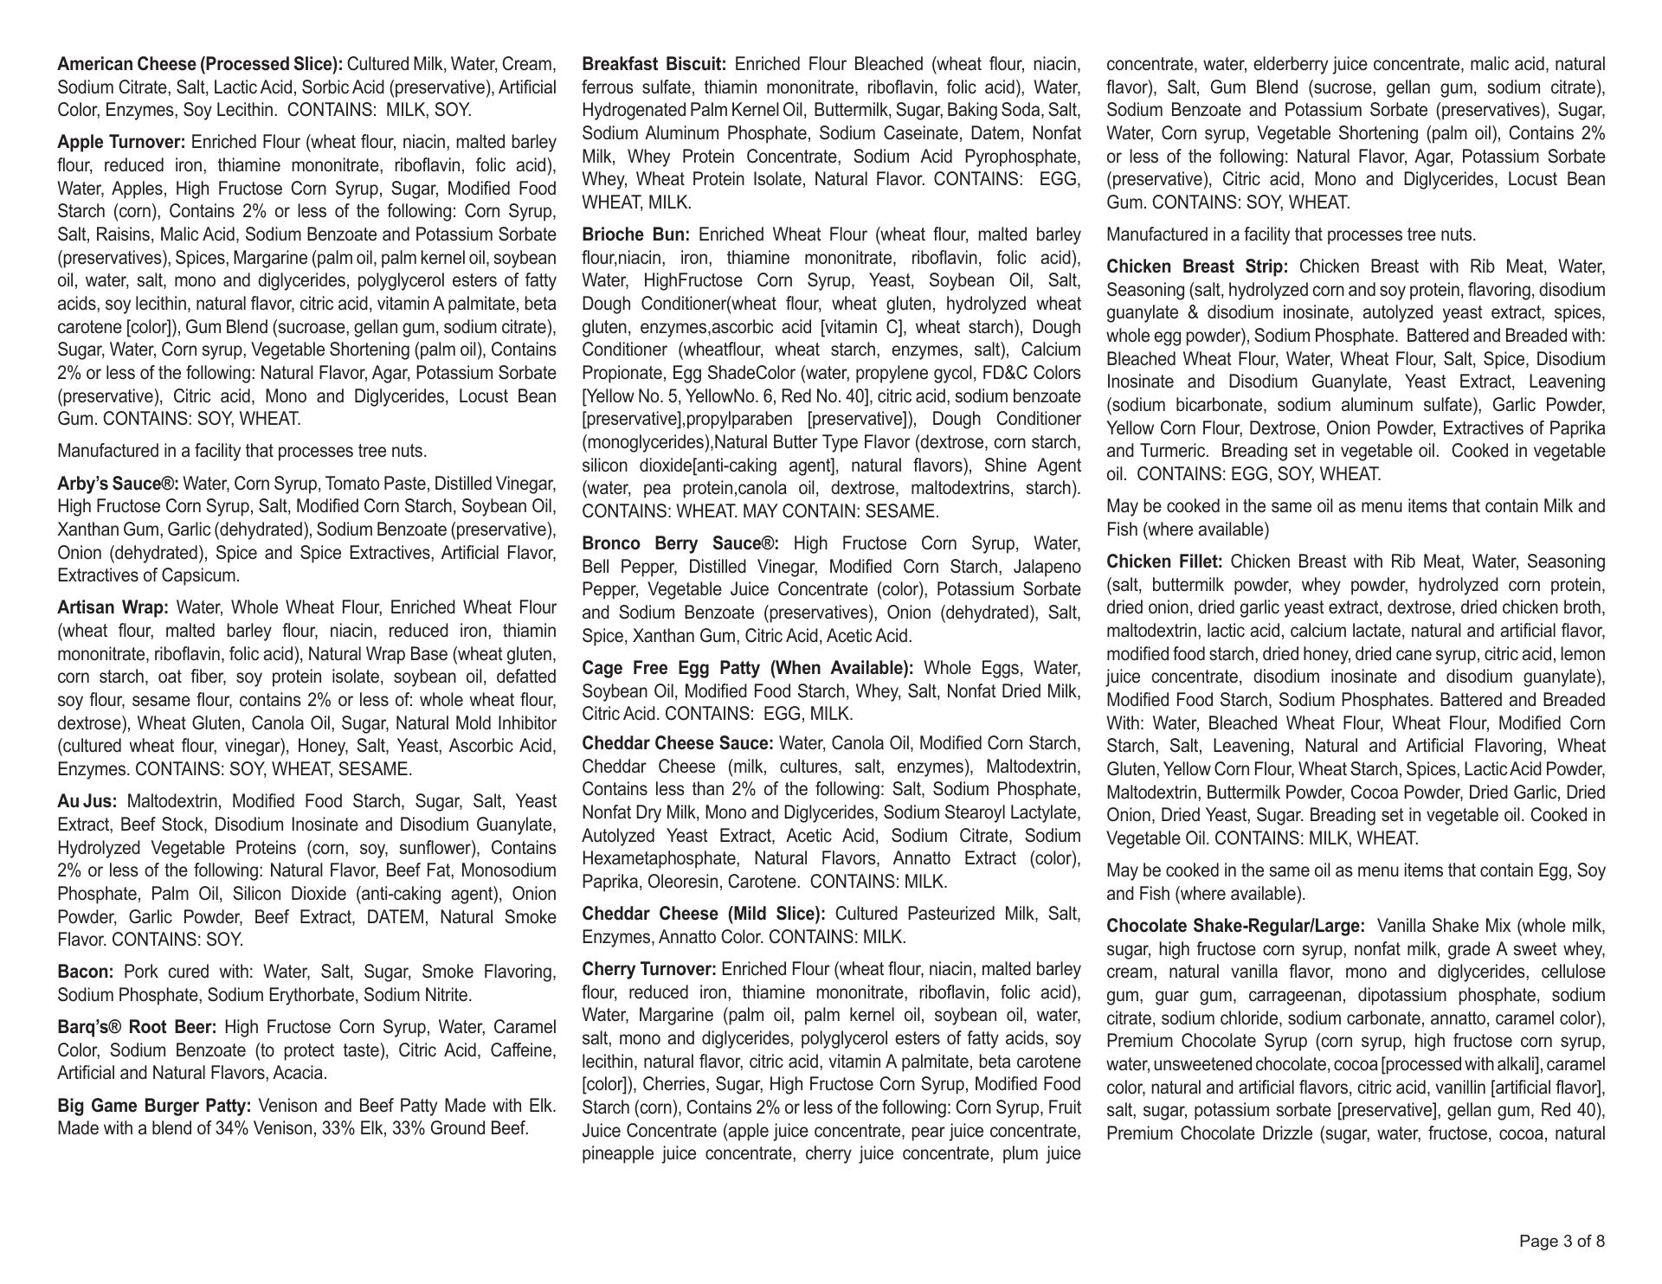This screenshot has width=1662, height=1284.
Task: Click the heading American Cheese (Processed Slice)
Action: point(200,65)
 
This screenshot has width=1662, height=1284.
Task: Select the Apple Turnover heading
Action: point(121,143)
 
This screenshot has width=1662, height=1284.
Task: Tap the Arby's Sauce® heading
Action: point(119,484)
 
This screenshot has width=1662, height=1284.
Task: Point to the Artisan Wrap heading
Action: point(113,608)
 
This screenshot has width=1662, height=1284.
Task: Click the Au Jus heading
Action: point(87,802)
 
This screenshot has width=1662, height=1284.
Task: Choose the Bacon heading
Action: point(86,973)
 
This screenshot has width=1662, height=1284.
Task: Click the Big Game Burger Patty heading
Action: point(154,1106)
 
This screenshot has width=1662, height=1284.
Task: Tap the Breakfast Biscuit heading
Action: point(654,65)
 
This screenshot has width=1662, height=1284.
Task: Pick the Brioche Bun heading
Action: point(635,235)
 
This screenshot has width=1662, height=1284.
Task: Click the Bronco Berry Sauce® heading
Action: point(680,544)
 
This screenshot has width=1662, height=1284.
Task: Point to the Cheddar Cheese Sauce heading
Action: point(678,744)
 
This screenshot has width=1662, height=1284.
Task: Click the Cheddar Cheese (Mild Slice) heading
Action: point(703,915)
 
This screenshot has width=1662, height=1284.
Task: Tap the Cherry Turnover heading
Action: point(649,969)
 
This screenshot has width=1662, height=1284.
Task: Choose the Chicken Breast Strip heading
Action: point(1197,267)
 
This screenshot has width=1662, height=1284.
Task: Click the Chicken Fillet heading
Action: point(1164,562)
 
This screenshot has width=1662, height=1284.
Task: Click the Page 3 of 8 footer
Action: point(1562,1242)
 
